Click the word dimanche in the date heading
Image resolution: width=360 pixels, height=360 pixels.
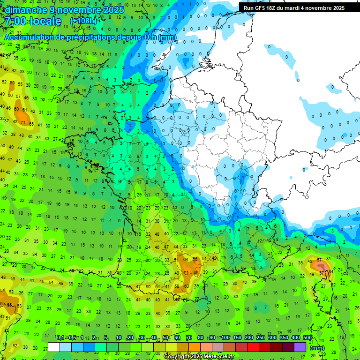(x=23, y=10)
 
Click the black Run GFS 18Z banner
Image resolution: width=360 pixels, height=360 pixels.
(x=294, y=8)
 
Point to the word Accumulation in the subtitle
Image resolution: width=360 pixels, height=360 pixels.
(x=30, y=37)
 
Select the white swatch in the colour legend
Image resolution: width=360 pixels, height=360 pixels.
(x=54, y=347)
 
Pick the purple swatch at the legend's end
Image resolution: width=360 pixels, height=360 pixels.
(x=300, y=347)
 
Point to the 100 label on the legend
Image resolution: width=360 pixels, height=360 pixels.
(x=225, y=338)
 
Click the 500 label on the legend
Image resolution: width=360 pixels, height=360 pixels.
(x=307, y=338)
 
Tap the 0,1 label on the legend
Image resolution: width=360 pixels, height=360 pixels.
(x=60, y=338)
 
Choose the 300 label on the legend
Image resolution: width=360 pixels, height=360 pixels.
(x=272, y=338)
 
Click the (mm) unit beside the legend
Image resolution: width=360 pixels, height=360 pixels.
(x=317, y=348)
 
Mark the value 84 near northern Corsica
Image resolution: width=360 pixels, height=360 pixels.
(x=330, y=271)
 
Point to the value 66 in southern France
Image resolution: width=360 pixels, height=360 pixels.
(x=195, y=272)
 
